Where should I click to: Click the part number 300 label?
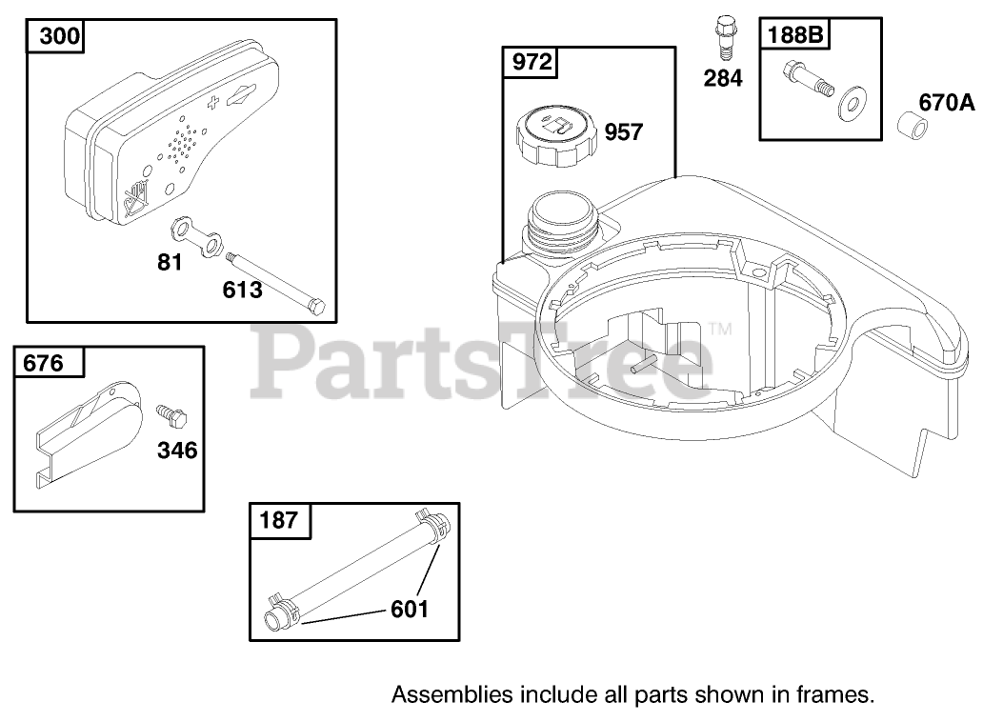point(60,36)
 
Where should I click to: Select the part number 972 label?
point(532,62)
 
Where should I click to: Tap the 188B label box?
point(795,34)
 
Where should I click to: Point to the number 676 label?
point(43,363)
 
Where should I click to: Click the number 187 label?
point(279,520)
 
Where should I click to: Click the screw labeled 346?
point(171,415)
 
